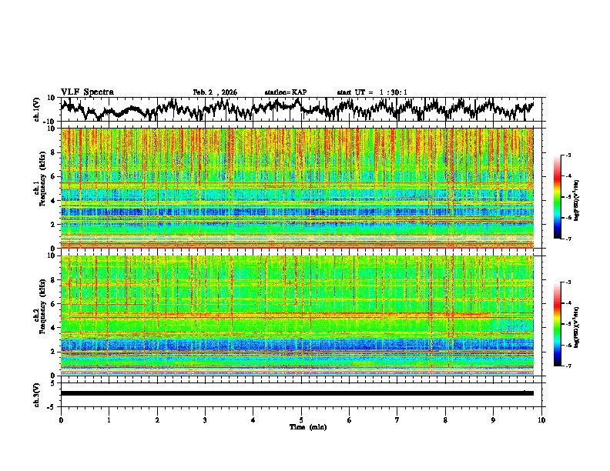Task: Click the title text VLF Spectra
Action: coord(87,92)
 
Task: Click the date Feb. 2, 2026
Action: coord(215,92)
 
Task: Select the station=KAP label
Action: coord(285,92)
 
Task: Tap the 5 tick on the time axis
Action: coord(301,419)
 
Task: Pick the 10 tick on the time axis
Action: coord(541,419)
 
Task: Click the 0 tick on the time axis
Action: coord(61,419)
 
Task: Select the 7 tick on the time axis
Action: coord(397,419)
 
